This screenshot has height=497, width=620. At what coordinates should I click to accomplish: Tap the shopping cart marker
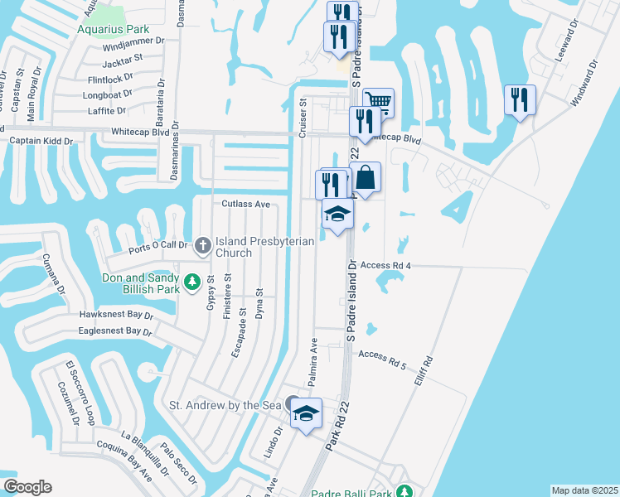[378, 101]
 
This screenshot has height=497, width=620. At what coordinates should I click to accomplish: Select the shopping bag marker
[366, 176]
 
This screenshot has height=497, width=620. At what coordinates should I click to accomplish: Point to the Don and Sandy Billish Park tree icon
[192, 282]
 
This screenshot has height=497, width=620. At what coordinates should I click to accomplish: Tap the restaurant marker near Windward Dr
[520, 99]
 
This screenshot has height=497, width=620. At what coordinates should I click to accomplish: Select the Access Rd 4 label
[386, 265]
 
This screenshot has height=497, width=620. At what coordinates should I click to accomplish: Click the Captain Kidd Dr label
[41, 141]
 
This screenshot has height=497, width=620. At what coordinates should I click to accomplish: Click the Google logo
[27, 487]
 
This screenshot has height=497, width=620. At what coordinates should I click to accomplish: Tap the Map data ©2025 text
[584, 490]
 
